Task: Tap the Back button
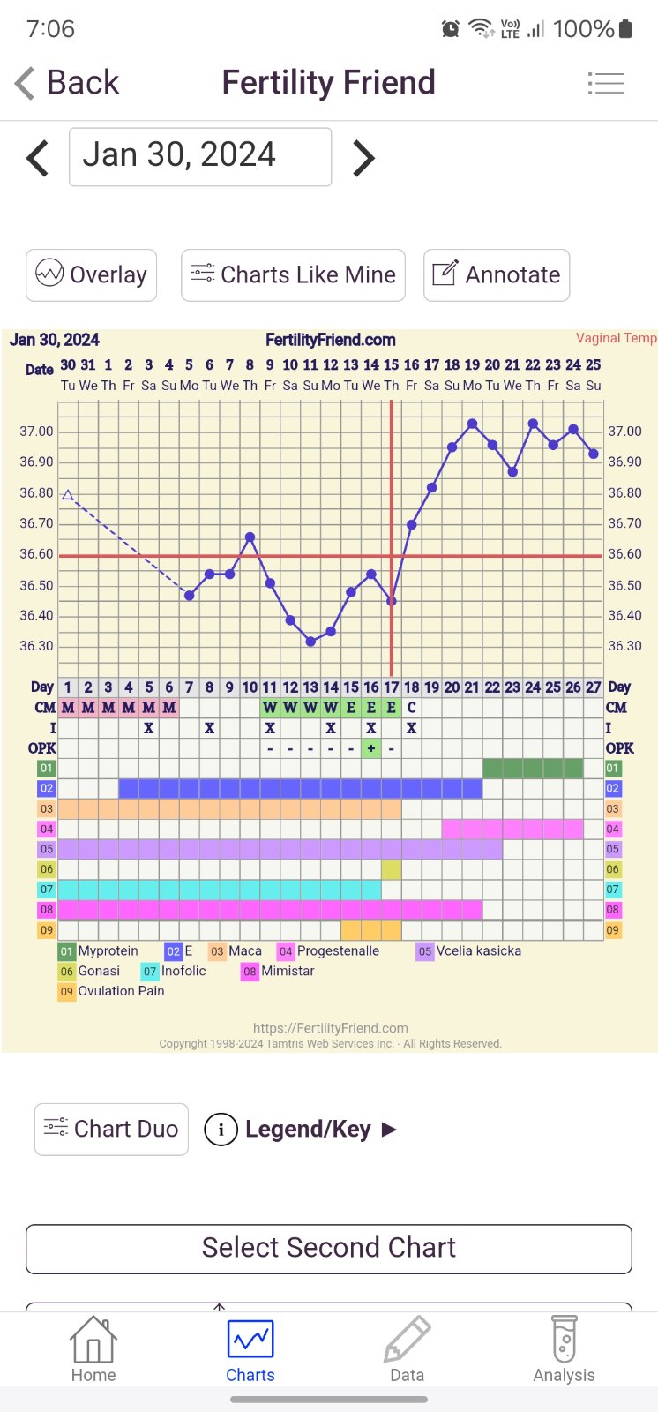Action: pyautogui.click(x=67, y=83)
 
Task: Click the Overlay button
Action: pyautogui.click(x=92, y=275)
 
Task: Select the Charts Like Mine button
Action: pyautogui.click(x=293, y=275)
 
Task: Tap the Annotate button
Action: pyautogui.click(x=497, y=275)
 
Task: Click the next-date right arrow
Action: pyautogui.click(x=363, y=158)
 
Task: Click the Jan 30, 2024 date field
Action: pyautogui.click(x=200, y=157)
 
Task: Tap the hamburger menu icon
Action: pyautogui.click(x=606, y=84)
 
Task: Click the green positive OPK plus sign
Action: pyautogui.click(x=371, y=748)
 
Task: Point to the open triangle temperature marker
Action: pyautogui.click(x=68, y=495)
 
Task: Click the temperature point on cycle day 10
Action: pyautogui.click(x=250, y=537)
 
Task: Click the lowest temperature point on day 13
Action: pyautogui.click(x=310, y=642)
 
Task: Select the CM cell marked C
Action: pyautogui.click(x=411, y=708)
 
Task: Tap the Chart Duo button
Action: pyautogui.click(x=111, y=1129)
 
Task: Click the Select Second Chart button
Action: pyautogui.click(x=329, y=1248)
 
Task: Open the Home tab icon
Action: pyautogui.click(x=93, y=1341)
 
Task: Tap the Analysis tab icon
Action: pyautogui.click(x=564, y=1341)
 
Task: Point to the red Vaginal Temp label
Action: pyautogui.click(x=616, y=338)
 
